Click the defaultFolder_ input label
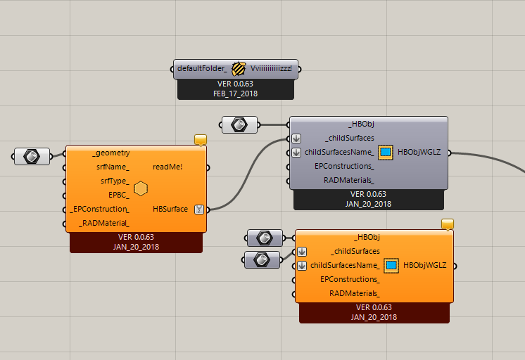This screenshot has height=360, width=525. click(202, 69)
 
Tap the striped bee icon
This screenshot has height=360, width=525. click(239, 69)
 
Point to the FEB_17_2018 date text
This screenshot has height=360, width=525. click(236, 93)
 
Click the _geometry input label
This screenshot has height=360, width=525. click(110, 153)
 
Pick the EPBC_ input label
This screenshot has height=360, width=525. click(118, 195)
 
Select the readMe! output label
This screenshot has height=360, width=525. click(167, 167)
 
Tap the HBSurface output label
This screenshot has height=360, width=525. click(170, 209)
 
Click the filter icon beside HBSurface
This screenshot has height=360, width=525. click(198, 209)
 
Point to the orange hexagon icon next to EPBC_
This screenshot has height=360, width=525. click(141, 188)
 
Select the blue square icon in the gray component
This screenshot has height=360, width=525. click(386, 152)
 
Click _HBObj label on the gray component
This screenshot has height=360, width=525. click(361, 124)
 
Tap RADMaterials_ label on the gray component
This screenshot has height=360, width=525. click(348, 180)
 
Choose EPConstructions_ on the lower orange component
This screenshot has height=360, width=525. click(350, 279)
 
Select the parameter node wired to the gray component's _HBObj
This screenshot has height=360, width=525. click(239, 125)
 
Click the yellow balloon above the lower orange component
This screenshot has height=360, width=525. click(448, 224)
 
